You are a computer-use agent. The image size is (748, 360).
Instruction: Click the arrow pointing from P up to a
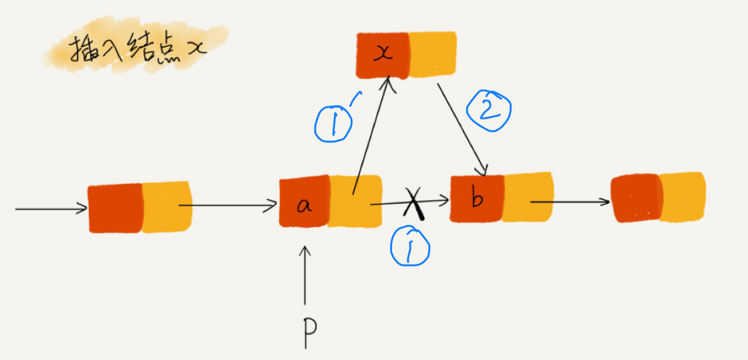306,274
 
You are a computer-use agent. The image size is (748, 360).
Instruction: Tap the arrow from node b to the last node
571,200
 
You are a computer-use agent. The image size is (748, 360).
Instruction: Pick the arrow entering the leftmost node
50,209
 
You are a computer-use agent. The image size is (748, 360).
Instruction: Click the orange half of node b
528,198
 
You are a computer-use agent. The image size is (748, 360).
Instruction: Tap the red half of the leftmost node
116,209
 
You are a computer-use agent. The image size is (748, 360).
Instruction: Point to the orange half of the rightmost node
683,196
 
